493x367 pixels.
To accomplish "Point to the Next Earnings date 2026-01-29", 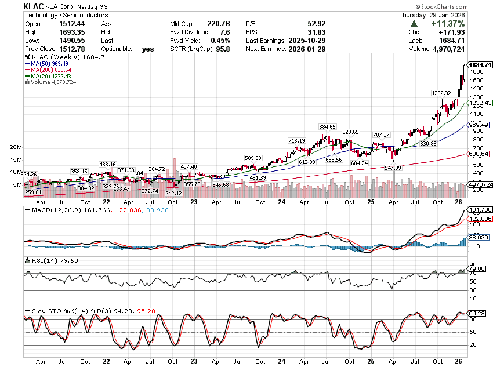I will tap(308, 49).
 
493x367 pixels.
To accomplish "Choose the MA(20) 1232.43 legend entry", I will tap(46, 76).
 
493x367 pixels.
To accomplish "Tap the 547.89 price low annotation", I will tap(393, 168).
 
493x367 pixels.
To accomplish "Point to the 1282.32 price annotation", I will tap(441, 93).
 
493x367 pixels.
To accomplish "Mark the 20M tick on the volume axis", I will tap(16, 147).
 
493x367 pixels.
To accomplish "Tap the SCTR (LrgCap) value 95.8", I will tap(222, 49).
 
